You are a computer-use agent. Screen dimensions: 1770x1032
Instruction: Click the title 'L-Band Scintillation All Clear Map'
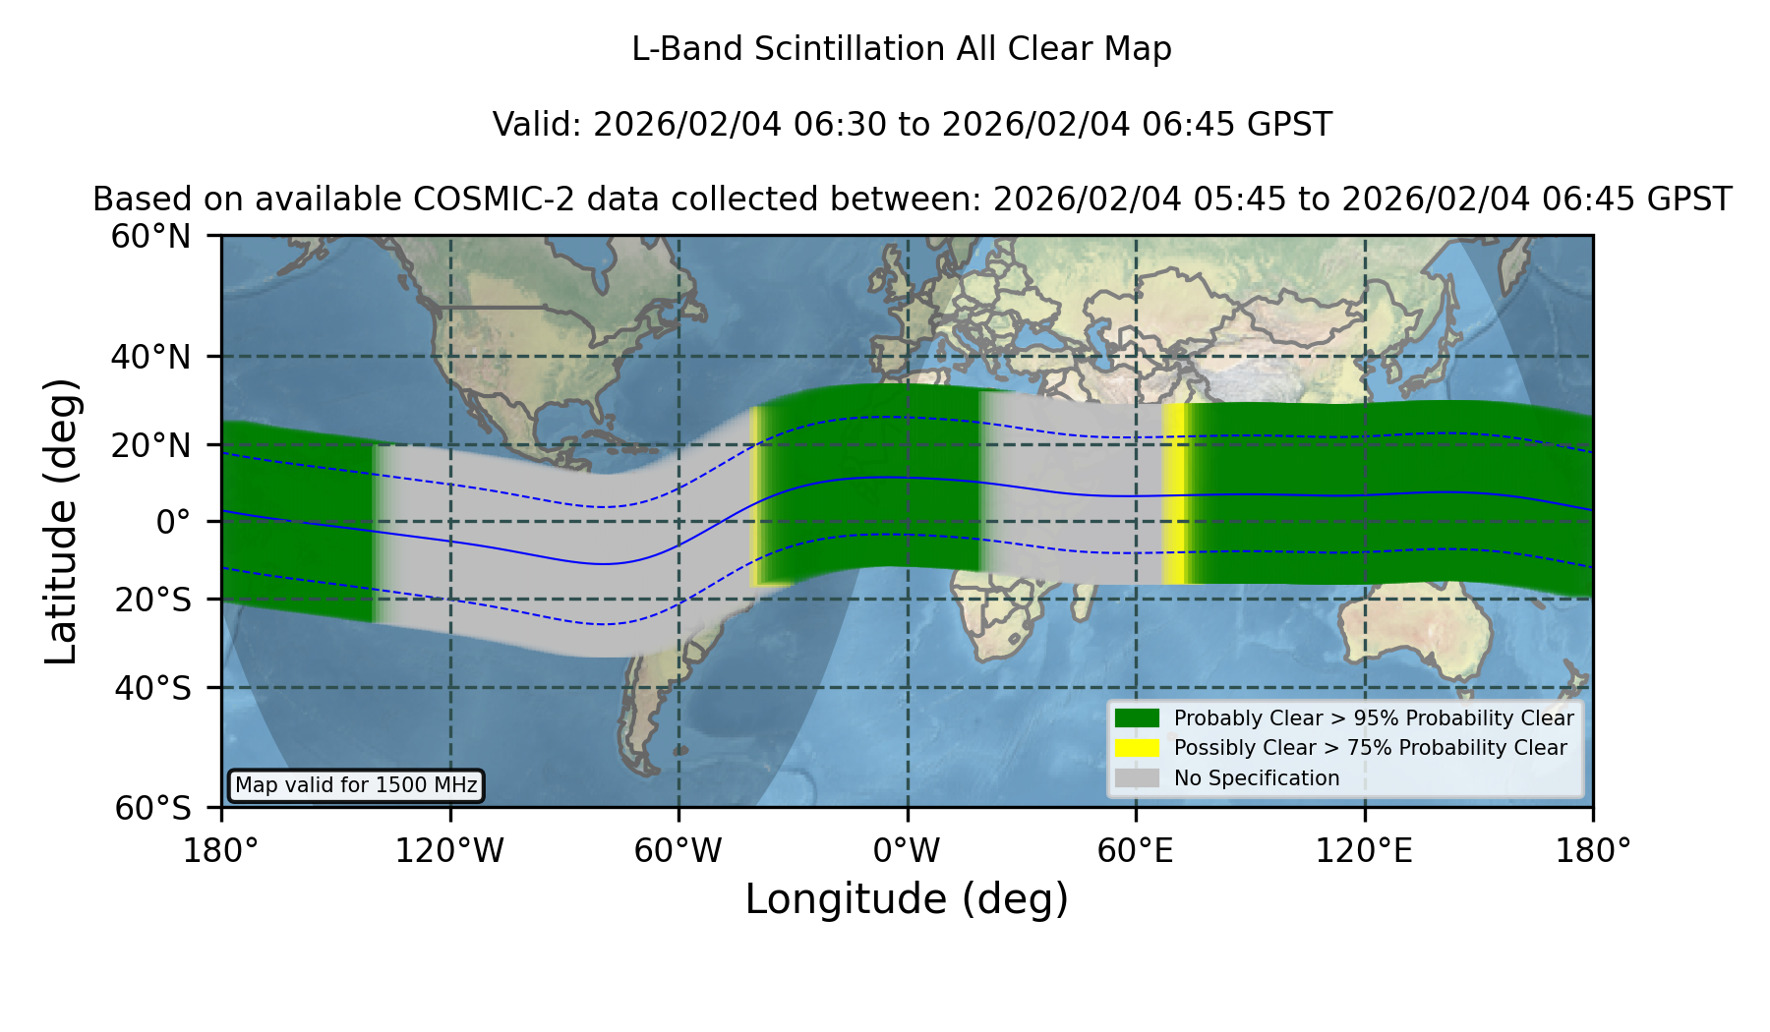pos(902,49)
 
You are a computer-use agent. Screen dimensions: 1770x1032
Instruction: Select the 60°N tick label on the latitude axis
pos(151,237)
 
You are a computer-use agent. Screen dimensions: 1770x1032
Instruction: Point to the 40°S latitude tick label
pos(152,688)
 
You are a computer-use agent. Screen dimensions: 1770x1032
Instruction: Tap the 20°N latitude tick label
pos(151,446)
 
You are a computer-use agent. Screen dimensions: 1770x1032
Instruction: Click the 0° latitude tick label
pos(174,522)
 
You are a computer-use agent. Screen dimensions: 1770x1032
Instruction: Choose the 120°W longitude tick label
pos(450,850)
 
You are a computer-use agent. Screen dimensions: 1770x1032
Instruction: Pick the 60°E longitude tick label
pos(1136,850)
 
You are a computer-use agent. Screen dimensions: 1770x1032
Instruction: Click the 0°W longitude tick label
pos(908,850)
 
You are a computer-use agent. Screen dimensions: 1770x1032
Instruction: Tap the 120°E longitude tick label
pos(1365,850)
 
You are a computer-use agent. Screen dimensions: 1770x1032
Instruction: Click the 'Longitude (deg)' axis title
pos(907,899)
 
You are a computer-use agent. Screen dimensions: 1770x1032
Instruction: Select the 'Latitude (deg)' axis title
pos(62,521)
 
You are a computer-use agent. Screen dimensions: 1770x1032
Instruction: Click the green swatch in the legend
pos(1138,718)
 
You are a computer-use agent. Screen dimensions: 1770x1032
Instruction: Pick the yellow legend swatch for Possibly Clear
pos(1138,748)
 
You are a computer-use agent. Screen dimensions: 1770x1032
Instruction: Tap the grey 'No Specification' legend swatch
pos(1138,778)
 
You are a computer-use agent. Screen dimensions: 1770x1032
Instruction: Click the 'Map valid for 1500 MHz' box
pos(356,785)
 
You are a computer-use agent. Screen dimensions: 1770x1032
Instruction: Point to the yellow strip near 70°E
pos(1174,494)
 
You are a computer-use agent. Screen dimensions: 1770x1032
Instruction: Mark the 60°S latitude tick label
pos(152,809)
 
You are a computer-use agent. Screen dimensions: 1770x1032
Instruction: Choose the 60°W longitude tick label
pos(678,850)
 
